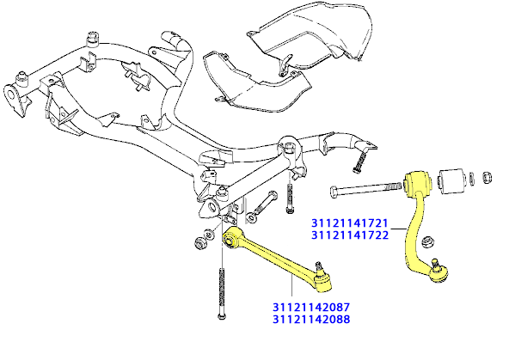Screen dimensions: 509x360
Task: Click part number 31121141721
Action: [350, 223]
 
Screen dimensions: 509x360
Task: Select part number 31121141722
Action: [350, 235]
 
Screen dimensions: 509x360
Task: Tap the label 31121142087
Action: [311, 307]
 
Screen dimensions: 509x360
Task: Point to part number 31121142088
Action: [311, 319]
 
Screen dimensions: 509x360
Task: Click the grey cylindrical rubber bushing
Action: [451, 181]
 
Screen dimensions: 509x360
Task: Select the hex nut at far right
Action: [487, 178]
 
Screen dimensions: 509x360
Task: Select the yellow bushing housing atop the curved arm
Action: [418, 183]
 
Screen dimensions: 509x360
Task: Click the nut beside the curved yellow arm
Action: [427, 242]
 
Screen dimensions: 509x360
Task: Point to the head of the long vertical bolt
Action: [221, 314]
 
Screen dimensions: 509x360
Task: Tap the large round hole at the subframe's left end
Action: [11, 95]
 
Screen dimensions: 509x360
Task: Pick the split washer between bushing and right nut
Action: [472, 179]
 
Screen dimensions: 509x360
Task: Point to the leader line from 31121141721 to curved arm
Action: [398, 229]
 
